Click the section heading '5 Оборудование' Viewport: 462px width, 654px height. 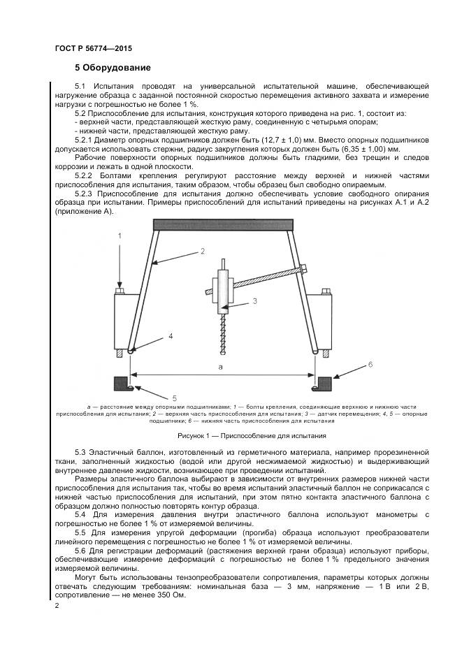[x=113, y=68]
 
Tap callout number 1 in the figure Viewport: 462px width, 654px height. [x=120, y=237]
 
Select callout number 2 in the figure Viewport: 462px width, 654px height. [x=202, y=251]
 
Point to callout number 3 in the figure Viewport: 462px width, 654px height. [x=255, y=301]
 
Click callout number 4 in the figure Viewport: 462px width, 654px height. [x=170, y=337]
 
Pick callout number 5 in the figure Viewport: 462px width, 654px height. [x=175, y=398]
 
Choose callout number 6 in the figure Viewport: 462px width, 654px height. [x=370, y=365]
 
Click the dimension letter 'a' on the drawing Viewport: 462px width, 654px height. [x=220, y=366]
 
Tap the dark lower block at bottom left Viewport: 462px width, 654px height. [x=120, y=383]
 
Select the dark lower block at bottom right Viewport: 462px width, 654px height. [x=324, y=383]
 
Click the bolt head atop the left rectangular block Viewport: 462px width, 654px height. [x=120, y=290]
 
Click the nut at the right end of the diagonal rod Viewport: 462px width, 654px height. [x=303, y=268]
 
